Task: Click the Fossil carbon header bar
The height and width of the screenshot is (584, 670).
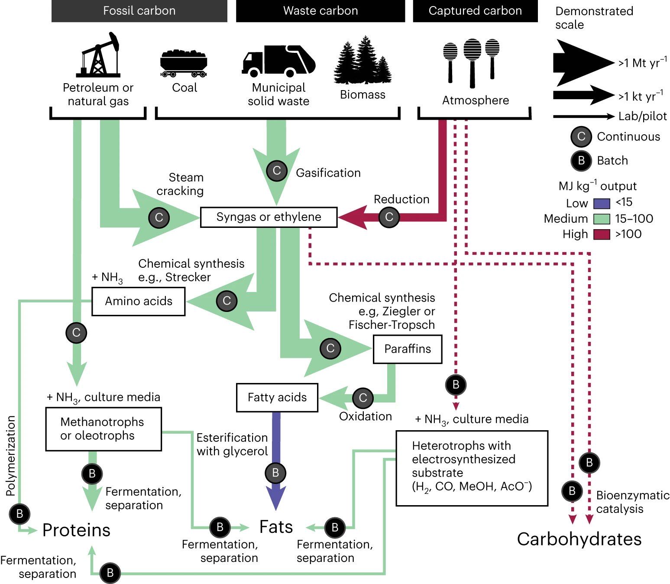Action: (x=139, y=11)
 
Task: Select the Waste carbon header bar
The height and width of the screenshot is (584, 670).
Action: (x=320, y=11)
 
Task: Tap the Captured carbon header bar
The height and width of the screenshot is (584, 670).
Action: (x=475, y=11)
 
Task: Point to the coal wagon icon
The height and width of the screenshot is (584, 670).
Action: (x=184, y=63)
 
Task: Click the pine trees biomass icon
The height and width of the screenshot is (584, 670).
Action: (x=363, y=61)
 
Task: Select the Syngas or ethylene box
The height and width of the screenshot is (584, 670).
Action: (x=269, y=217)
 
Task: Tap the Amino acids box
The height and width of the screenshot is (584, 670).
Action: (x=138, y=301)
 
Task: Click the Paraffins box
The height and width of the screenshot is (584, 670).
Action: (x=407, y=349)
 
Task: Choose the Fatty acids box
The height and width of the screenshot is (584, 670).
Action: (x=277, y=397)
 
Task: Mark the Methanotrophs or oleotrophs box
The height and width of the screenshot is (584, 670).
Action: (x=103, y=429)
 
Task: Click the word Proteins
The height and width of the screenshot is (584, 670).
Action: (x=76, y=530)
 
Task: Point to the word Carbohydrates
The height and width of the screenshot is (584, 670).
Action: (x=579, y=539)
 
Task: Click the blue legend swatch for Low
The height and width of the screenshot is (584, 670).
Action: (x=601, y=203)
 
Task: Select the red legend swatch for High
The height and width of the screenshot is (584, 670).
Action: (x=601, y=234)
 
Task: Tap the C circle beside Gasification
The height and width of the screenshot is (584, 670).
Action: (x=277, y=170)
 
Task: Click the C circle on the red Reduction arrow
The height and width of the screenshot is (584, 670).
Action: (x=389, y=217)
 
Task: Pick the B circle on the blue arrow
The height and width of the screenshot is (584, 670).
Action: (x=275, y=473)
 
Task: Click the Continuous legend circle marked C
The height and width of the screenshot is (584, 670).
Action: (x=581, y=136)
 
